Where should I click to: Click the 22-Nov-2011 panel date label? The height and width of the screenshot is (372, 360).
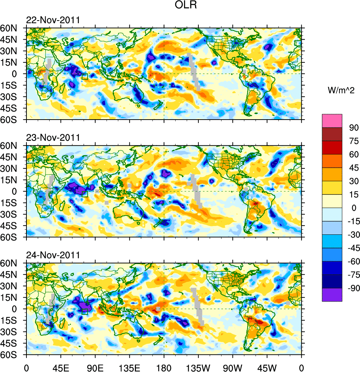pyautogui.click(x=53, y=20)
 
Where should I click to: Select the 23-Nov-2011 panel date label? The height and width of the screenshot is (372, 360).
pyautogui.click(x=53, y=138)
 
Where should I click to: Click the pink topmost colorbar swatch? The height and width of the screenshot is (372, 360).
pyautogui.click(x=332, y=121)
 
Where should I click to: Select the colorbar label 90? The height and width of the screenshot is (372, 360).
pyautogui.click(x=354, y=127)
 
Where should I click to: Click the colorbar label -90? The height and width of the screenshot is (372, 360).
pyautogui.click(x=352, y=288)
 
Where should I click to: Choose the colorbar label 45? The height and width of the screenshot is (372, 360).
pyautogui.click(x=354, y=168)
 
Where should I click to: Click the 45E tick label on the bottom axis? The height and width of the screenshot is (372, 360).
pyautogui.click(x=61, y=367)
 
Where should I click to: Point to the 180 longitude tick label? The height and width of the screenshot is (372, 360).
pyautogui.click(x=164, y=367)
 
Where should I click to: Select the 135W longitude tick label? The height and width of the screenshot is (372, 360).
pyautogui.click(x=198, y=367)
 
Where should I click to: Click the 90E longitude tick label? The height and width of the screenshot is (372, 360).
pyautogui.click(x=95, y=367)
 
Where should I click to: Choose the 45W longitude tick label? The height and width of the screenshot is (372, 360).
pyautogui.click(x=267, y=367)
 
